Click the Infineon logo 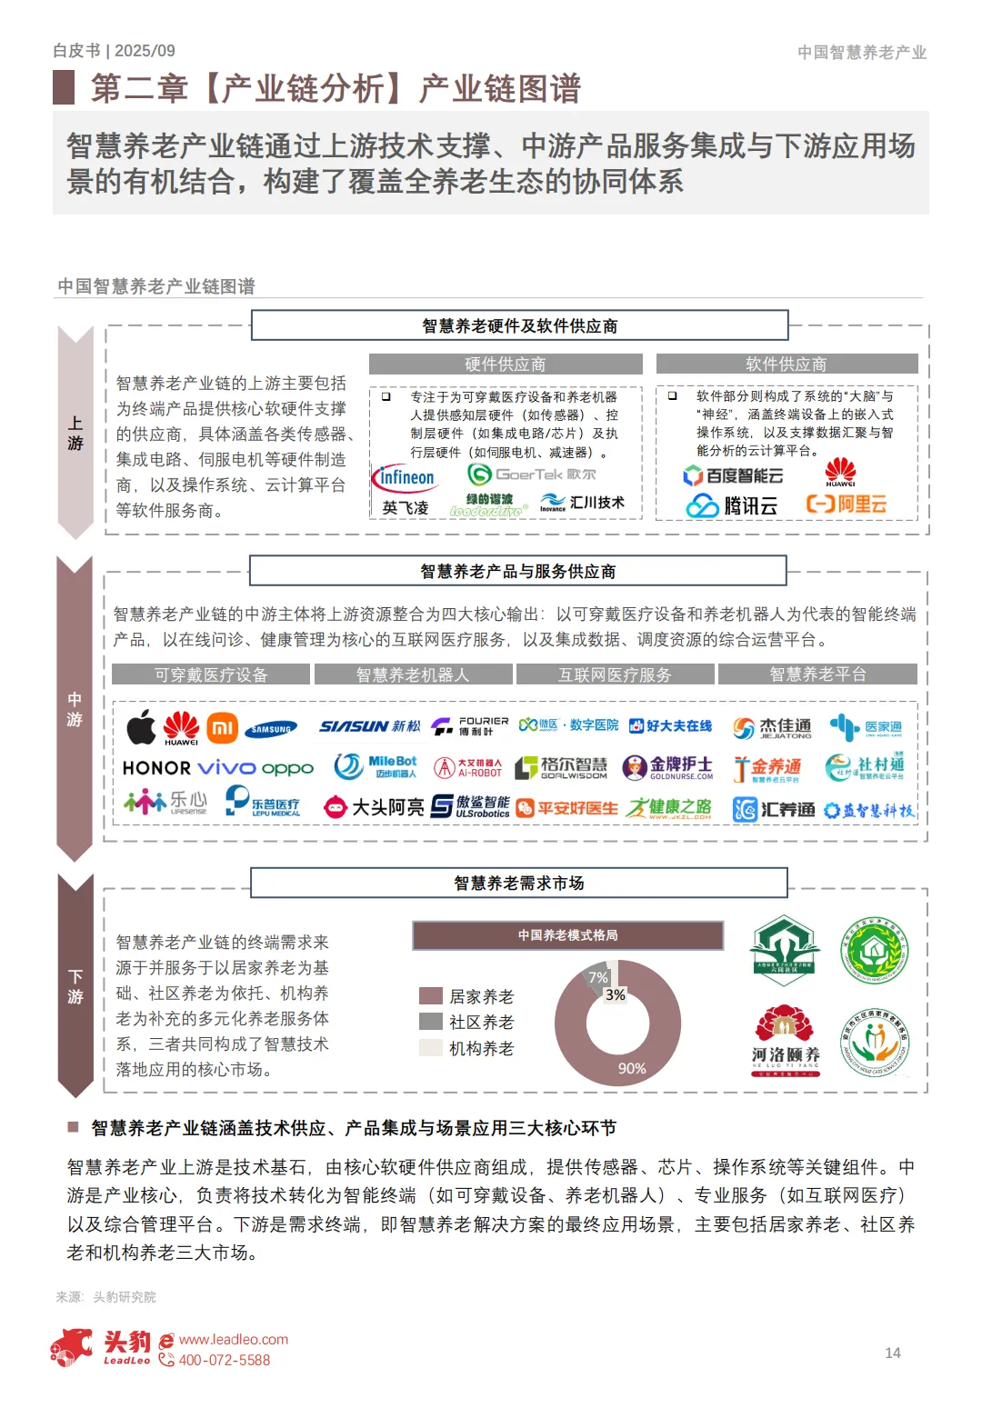point(403,477)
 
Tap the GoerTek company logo point(531,474)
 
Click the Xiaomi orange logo point(222,727)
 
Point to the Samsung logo point(271,728)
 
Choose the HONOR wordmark point(156,768)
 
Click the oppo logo point(287,769)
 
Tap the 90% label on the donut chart point(632,1069)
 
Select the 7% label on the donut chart point(598,978)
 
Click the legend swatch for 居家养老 point(430,996)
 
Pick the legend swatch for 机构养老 point(430,1047)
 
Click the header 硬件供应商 point(506,364)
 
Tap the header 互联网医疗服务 point(615,674)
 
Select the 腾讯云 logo point(731,505)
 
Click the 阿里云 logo point(847,504)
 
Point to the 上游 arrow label point(75,434)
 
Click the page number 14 point(893,1353)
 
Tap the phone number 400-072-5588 point(224,1360)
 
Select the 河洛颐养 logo point(786,1040)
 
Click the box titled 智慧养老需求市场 point(518,883)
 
